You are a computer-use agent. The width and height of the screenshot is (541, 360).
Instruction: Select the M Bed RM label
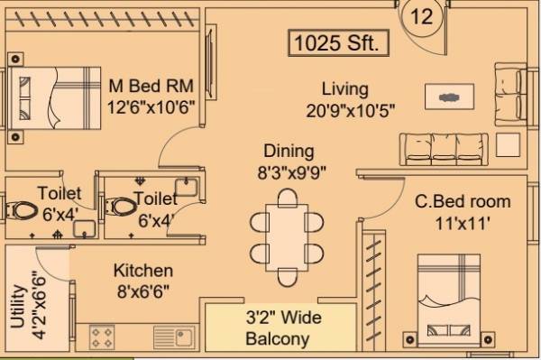[x=151, y=87]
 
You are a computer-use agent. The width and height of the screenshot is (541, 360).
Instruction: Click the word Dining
[x=289, y=151]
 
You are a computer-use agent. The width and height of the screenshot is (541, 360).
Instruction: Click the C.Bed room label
[x=463, y=201]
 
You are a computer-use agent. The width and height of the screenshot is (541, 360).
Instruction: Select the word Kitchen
[x=142, y=271]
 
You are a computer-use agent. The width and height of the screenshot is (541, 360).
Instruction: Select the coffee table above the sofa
[x=448, y=95]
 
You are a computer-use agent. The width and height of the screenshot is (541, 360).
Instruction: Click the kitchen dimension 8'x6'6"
[x=142, y=290]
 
